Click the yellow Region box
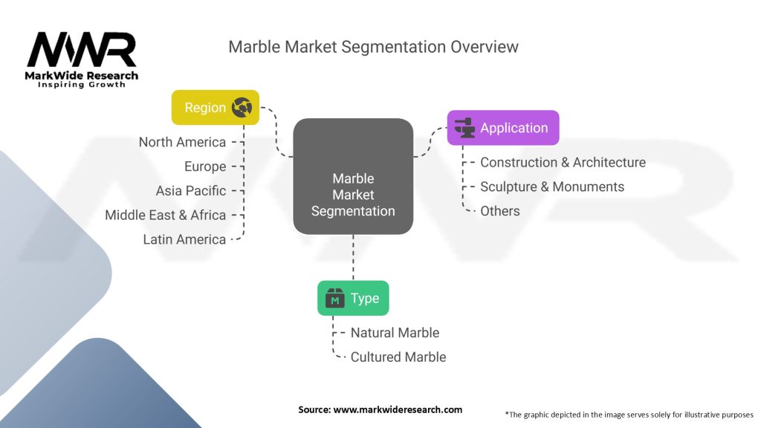point(216,107)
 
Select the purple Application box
point(503,128)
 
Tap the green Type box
point(353,298)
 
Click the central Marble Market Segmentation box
point(353,176)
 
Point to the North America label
point(183,142)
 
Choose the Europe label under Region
point(205,166)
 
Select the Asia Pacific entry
point(191,191)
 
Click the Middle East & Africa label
point(166,215)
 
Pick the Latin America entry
point(184,239)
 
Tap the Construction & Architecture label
point(563,162)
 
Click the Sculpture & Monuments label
point(552,187)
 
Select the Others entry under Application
point(500,211)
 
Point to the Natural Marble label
point(395,332)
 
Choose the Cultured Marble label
point(398,357)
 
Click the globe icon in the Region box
point(242,107)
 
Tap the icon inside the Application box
point(465,128)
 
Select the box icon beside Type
point(335,298)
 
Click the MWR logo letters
point(82,50)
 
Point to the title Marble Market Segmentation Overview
point(373,47)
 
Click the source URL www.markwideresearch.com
point(398,409)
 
